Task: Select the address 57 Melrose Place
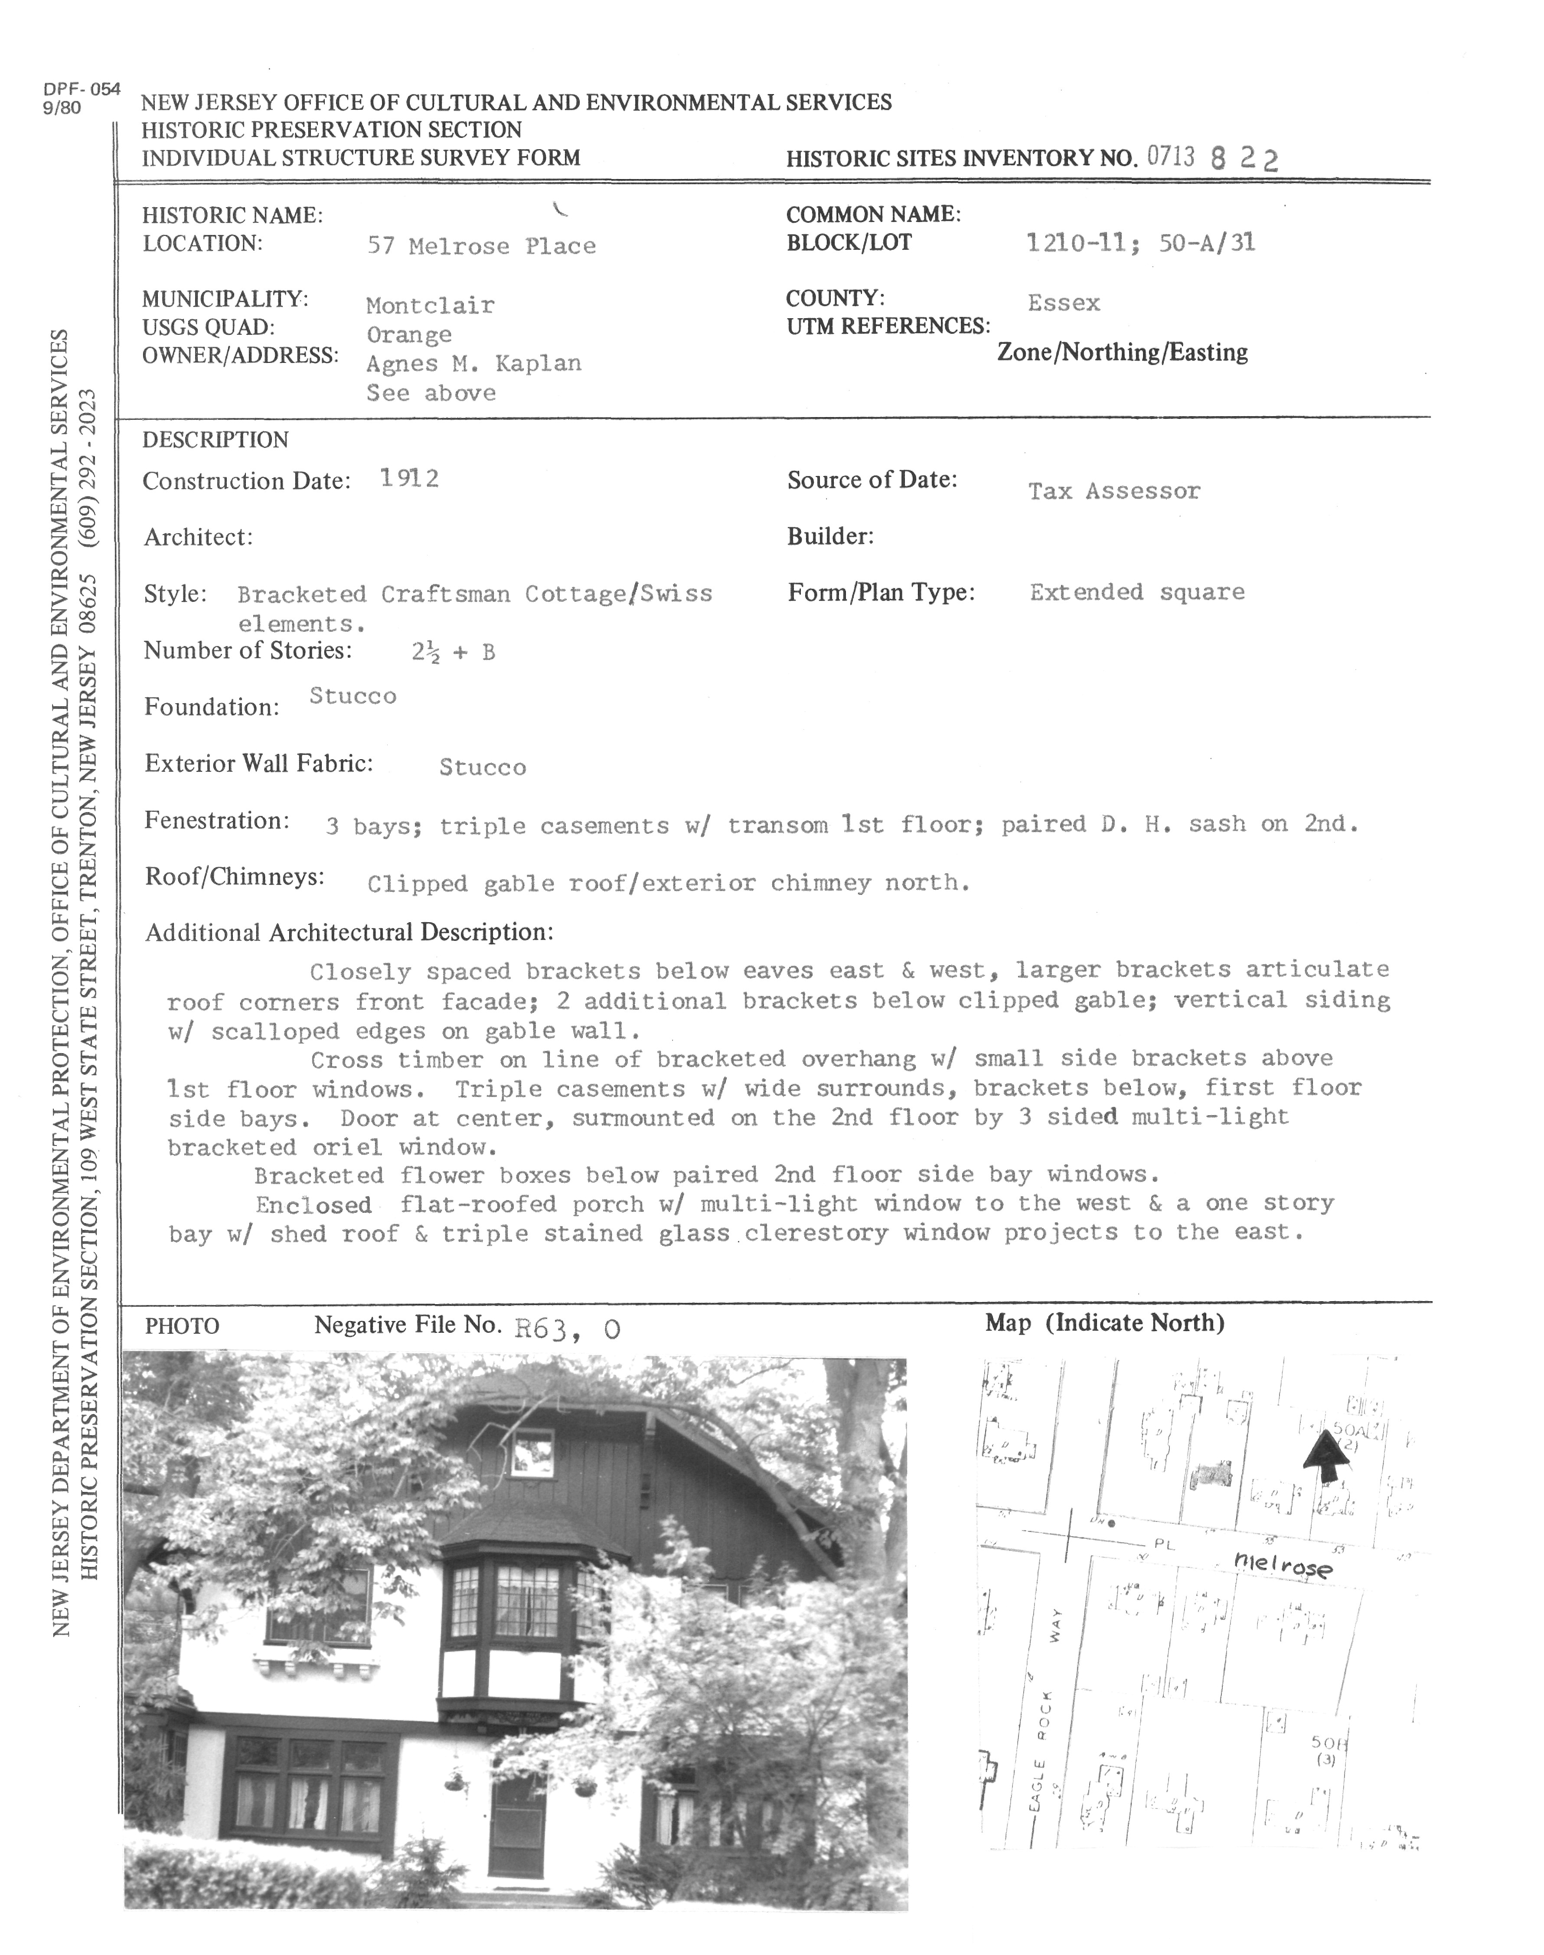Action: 481,246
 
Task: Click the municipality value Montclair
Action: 430,306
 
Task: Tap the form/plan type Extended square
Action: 1136,592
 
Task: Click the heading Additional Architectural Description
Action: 349,932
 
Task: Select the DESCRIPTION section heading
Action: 215,440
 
